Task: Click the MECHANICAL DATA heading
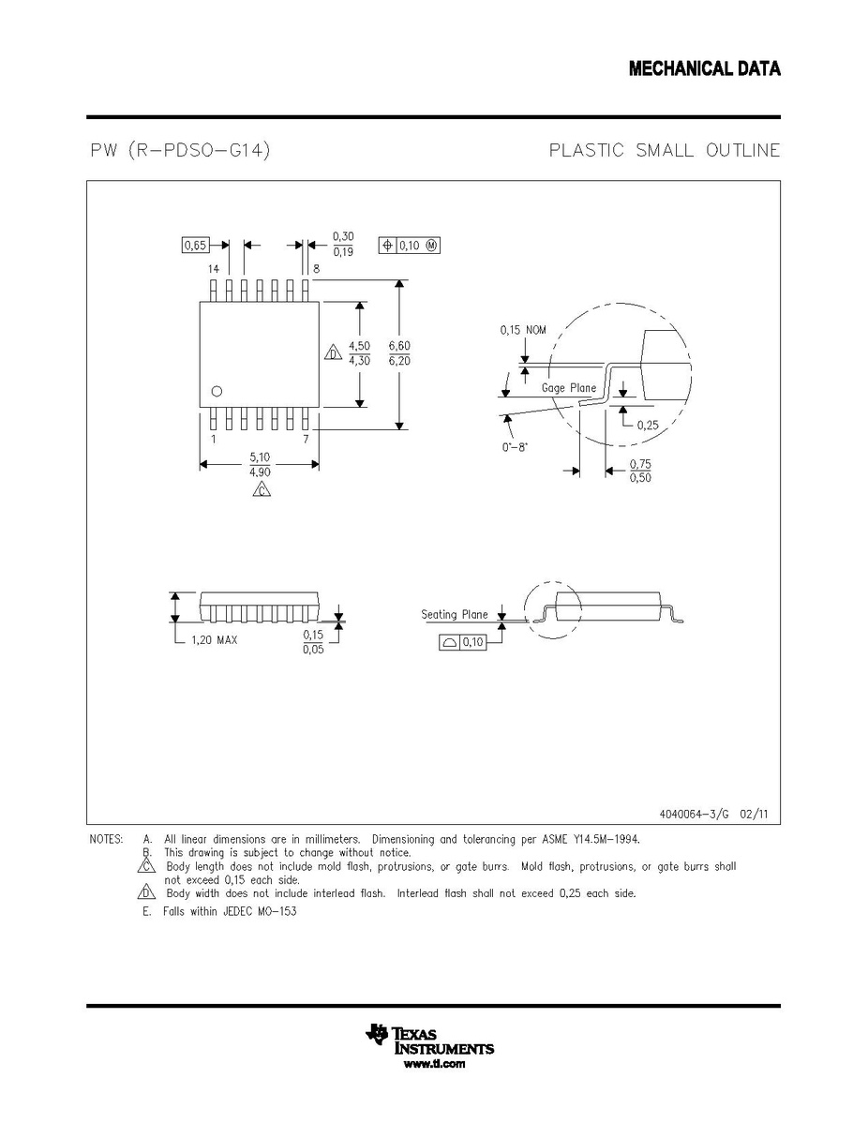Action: point(705,68)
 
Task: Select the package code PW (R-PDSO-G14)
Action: point(181,150)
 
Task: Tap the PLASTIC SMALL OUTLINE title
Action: point(665,150)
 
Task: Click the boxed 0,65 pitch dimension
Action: point(195,245)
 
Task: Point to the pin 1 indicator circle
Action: point(217,391)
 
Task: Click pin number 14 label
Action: point(214,269)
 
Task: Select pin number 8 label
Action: point(316,269)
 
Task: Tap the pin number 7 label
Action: point(306,439)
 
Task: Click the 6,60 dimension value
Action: point(399,346)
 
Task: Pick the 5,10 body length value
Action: point(260,457)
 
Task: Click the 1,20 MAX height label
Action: point(214,639)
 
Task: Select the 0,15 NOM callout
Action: point(523,330)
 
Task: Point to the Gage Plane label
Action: point(569,387)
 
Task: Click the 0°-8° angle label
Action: point(515,448)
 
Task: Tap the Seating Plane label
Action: point(454,615)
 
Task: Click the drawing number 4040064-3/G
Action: point(694,815)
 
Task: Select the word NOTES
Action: point(106,839)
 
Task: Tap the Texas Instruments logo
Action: point(429,1040)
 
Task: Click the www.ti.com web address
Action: point(434,1064)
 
